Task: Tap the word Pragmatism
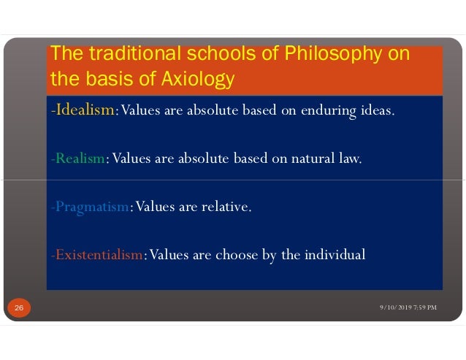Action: click(91, 207)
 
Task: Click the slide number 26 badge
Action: click(18, 310)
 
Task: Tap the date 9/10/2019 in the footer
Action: click(397, 307)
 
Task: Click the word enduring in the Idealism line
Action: click(330, 111)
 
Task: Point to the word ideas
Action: click(378, 111)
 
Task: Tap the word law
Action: click(351, 159)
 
